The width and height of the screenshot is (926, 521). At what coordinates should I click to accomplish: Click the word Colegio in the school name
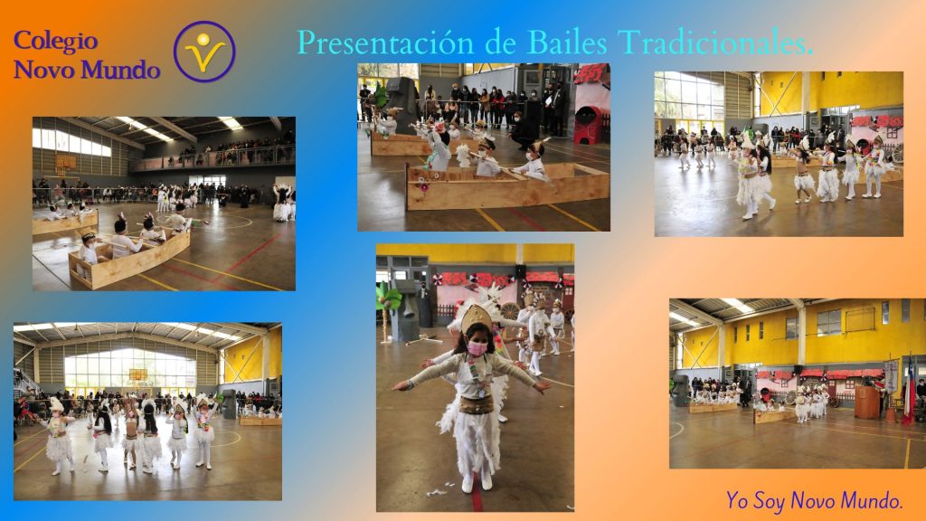click(x=55, y=41)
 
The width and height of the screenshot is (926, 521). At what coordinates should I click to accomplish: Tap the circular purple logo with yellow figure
click(x=204, y=52)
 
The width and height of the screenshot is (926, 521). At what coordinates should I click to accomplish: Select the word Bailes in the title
click(x=567, y=43)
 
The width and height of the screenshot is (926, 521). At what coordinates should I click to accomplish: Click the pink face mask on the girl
click(x=477, y=348)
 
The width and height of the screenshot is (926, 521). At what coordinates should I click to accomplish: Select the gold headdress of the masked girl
click(x=476, y=318)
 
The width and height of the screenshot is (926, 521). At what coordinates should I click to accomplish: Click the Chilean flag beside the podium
click(x=909, y=390)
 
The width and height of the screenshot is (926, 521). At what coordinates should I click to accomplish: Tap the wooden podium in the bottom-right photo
click(x=867, y=403)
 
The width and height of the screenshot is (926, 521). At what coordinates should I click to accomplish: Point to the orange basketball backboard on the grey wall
click(x=65, y=163)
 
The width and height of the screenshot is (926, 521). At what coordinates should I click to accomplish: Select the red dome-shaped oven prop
click(x=588, y=124)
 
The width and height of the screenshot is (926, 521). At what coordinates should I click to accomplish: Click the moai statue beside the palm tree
click(x=406, y=310)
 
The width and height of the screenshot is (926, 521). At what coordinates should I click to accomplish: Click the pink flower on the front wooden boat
click(x=423, y=186)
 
